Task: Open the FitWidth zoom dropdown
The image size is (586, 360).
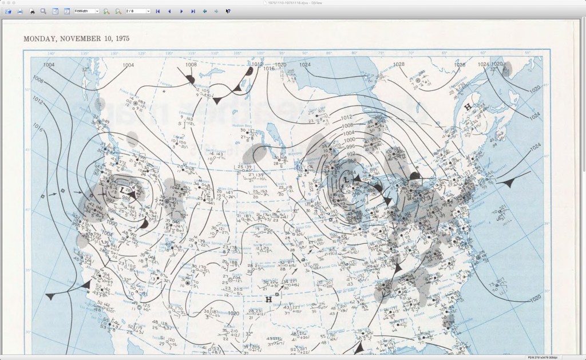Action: (x=86, y=11)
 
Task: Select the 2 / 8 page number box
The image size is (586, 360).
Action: (x=138, y=11)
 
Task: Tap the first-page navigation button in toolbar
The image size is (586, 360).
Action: (x=157, y=11)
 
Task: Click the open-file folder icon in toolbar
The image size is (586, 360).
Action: (x=9, y=11)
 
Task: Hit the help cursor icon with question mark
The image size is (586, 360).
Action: (x=228, y=11)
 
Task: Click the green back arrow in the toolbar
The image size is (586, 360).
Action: (x=204, y=11)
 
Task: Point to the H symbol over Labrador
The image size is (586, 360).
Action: (x=468, y=106)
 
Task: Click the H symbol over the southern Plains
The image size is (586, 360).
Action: (x=268, y=299)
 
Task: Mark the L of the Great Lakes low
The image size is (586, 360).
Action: (x=345, y=180)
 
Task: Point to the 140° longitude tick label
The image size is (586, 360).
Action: (x=50, y=54)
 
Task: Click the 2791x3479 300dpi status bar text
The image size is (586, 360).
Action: (x=564, y=357)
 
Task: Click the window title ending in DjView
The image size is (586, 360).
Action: (x=292, y=3)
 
